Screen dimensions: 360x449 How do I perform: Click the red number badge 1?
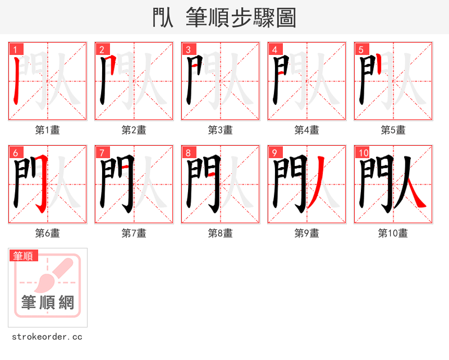click(14, 49)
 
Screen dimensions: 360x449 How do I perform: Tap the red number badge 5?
click(360, 49)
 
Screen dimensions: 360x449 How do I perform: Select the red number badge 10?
click(362, 153)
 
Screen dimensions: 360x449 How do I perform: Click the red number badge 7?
click(100, 153)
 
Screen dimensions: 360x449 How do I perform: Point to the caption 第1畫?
click(47, 130)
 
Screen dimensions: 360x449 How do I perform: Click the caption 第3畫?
click(220, 130)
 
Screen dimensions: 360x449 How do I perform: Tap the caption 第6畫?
click(47, 233)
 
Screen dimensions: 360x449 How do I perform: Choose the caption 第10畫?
click(393, 233)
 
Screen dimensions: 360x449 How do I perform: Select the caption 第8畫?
click(220, 233)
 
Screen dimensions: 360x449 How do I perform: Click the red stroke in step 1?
click(16, 81)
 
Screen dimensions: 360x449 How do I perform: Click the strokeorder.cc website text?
click(47, 337)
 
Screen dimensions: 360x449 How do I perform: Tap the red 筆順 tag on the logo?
click(24, 256)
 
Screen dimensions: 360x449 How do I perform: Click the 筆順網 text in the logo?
click(48, 303)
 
